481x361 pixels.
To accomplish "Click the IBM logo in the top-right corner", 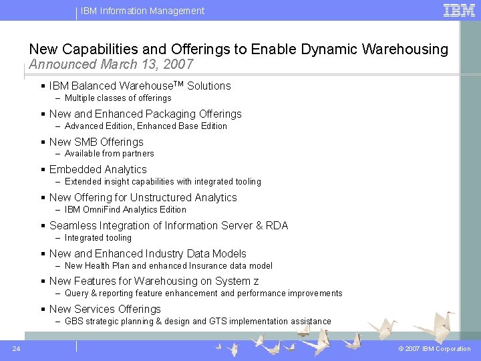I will point(460,10).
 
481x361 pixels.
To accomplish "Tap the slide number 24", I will point(15,348).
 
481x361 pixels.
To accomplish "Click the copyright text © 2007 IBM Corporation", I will point(434,349).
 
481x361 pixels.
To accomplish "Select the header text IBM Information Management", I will point(142,11).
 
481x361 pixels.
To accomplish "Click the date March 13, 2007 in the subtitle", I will point(147,65).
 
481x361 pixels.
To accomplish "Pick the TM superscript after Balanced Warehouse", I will point(178,84).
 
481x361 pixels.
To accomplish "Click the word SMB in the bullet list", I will point(86,142).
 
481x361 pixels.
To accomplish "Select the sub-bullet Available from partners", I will point(109,154).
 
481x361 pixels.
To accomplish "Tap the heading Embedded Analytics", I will point(98,170).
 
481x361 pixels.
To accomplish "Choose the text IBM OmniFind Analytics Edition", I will point(125,210).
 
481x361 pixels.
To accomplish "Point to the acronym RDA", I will point(277,226).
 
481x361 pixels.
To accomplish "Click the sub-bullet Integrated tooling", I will point(98,238).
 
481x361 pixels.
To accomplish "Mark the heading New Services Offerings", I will point(105,310).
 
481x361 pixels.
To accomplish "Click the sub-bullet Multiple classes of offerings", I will point(118,98).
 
